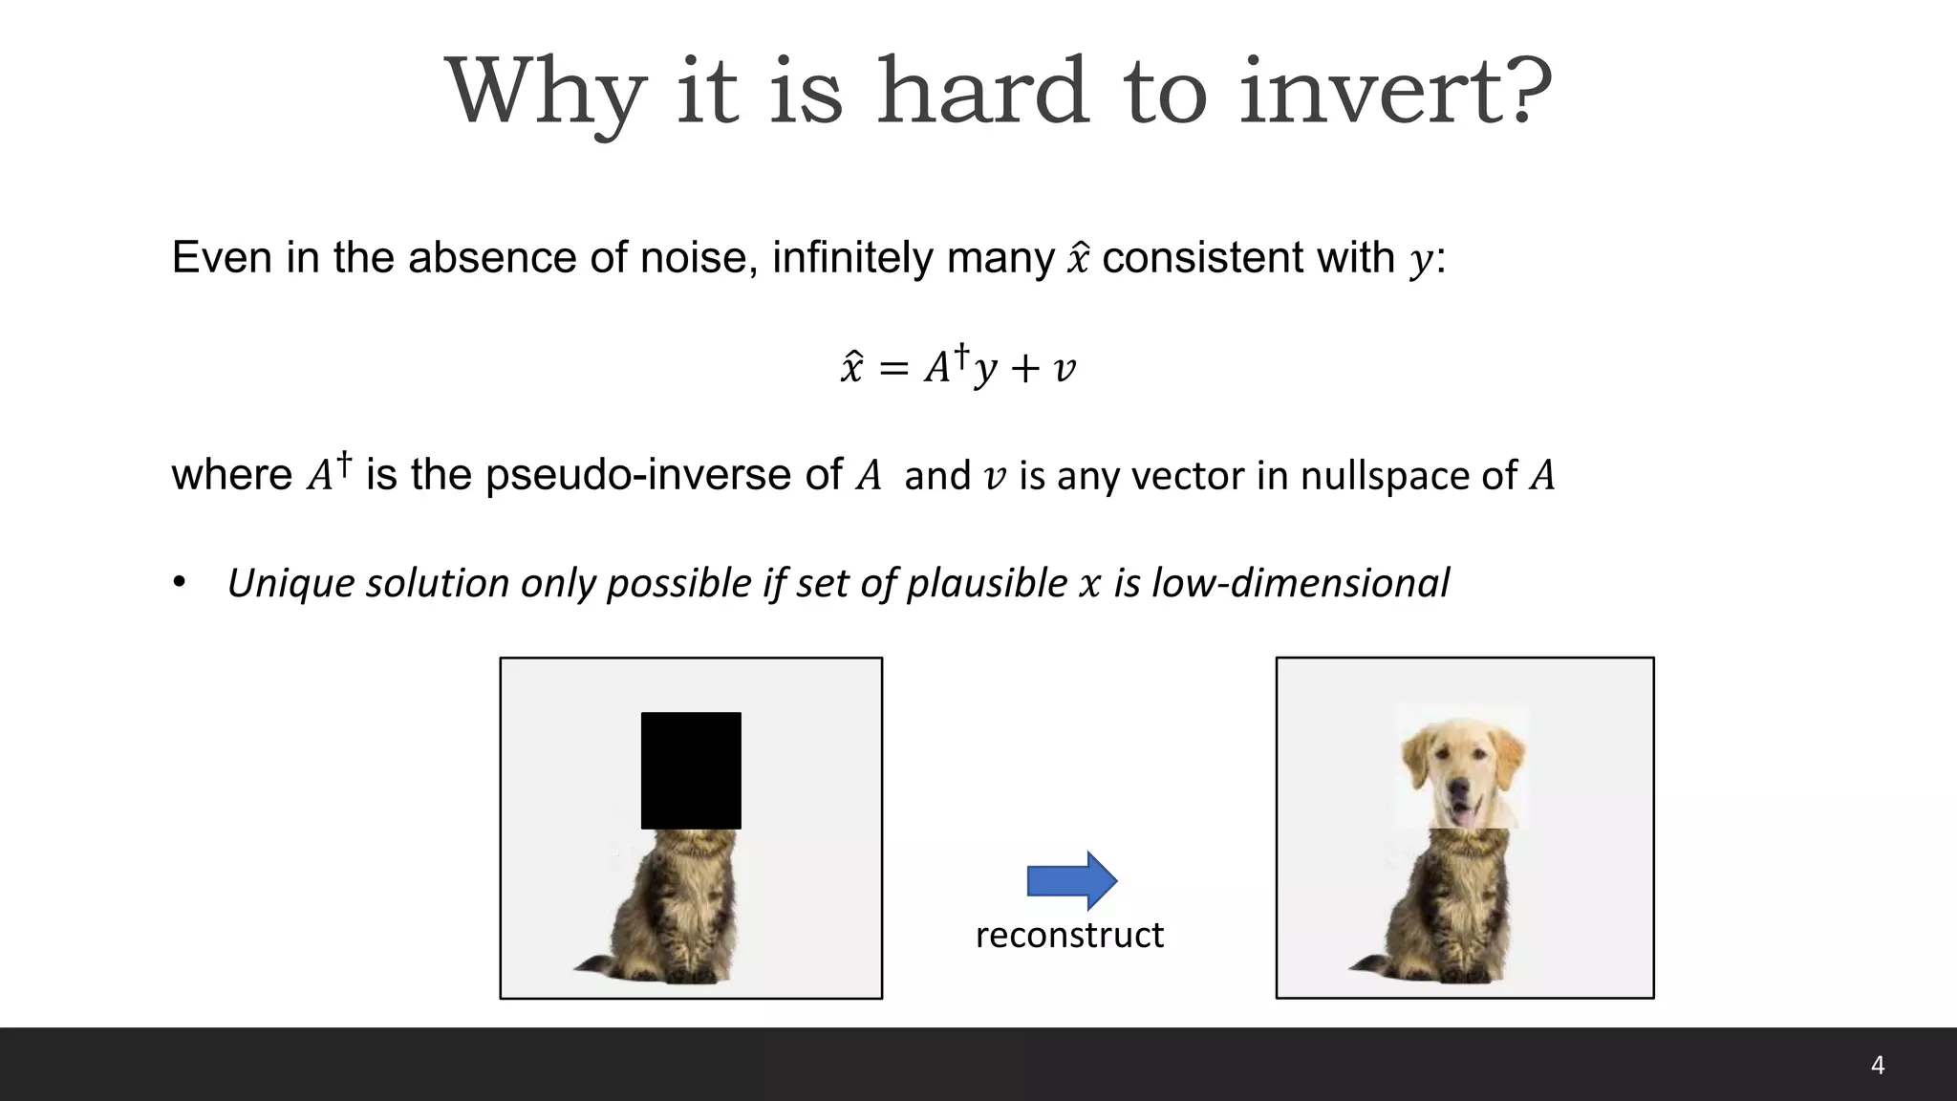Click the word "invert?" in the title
point(1395,92)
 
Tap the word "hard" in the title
point(983,92)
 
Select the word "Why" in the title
point(545,94)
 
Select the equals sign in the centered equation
point(892,369)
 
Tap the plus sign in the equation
point(1024,369)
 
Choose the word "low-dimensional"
point(1301,583)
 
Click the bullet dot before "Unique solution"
point(180,582)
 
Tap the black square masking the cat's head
point(691,770)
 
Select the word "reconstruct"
point(1069,935)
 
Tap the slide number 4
point(1877,1066)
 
